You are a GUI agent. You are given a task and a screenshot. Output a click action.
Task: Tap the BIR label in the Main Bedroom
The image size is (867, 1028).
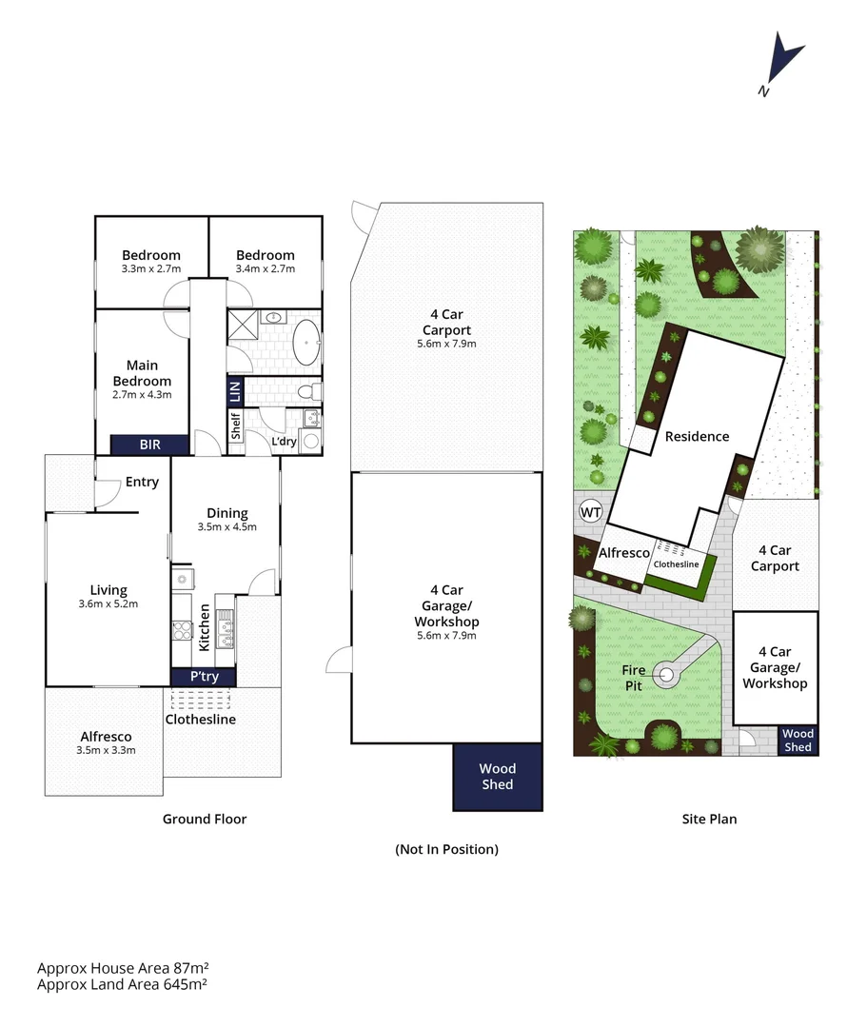(x=149, y=444)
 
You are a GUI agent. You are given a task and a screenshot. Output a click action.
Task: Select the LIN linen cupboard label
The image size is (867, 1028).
(x=235, y=390)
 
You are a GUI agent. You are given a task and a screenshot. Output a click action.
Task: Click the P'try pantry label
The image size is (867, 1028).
(x=204, y=677)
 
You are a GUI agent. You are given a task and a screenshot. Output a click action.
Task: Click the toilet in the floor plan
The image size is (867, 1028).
(x=309, y=390)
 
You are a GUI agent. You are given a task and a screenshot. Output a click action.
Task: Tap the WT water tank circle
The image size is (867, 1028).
(x=591, y=512)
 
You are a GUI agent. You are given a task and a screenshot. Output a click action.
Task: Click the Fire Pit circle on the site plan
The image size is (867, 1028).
(x=666, y=676)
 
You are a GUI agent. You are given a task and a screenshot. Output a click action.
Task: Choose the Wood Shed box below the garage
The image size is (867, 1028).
(x=497, y=776)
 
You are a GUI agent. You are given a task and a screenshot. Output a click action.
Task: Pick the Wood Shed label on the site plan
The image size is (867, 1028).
(x=798, y=741)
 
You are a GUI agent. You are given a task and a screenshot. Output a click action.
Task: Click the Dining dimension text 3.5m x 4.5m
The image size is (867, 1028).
(x=227, y=526)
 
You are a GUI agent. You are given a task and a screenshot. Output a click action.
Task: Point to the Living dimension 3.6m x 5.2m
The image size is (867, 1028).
(x=108, y=603)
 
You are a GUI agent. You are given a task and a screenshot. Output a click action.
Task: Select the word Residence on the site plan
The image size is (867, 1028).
(x=697, y=437)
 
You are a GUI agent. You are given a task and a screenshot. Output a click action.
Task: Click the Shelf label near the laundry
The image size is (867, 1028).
(x=235, y=425)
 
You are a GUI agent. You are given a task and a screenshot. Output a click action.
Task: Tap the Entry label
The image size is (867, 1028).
(x=142, y=482)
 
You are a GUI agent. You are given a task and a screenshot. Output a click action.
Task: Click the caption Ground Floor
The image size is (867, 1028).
(x=205, y=819)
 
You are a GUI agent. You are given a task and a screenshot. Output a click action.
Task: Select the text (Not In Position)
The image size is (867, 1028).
(x=446, y=849)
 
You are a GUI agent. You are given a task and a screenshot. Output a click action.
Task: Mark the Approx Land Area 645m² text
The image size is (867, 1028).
(x=123, y=984)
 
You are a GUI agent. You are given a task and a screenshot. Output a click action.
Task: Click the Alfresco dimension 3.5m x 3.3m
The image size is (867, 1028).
(x=106, y=749)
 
